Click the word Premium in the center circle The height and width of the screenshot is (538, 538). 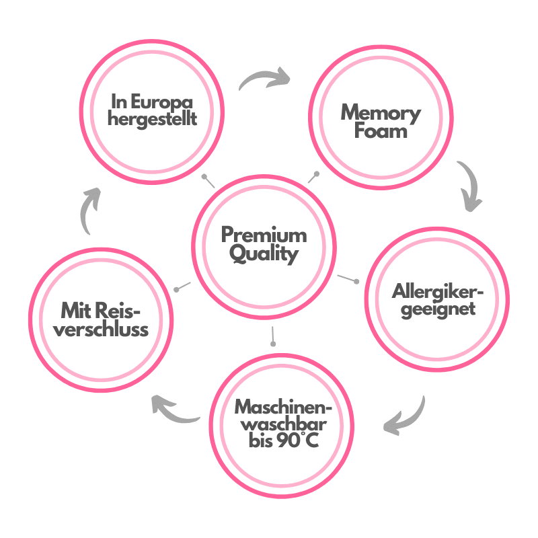tap(264, 235)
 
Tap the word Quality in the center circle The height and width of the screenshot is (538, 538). tap(264, 254)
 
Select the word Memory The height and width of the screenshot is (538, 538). tap(381, 112)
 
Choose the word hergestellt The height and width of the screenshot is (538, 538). tap(153, 120)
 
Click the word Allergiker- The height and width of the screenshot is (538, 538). tap(438, 292)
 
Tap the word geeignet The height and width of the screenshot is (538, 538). tap(438, 309)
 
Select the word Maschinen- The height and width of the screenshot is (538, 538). tap(284, 408)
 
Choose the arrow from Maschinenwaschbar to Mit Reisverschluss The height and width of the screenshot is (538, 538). tap(174, 408)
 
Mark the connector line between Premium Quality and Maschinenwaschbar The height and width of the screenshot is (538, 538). tap(272, 335)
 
